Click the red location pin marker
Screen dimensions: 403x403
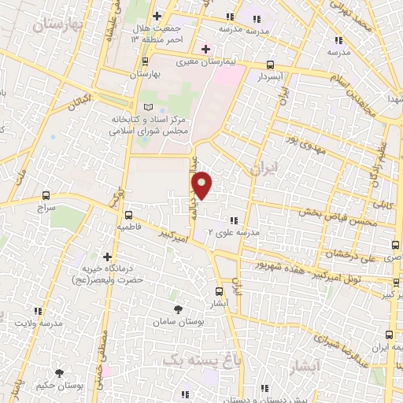[203, 185]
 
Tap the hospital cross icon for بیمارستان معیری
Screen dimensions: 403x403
[205, 49]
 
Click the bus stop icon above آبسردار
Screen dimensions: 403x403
[271, 65]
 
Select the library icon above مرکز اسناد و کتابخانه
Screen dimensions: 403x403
[150, 107]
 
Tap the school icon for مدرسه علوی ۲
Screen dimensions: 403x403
[234, 220]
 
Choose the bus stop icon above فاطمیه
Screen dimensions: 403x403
[129, 214]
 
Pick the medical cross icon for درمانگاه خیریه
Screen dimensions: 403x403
[107, 256]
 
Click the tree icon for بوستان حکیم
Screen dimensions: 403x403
[59, 372]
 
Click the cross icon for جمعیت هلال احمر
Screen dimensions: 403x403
[157, 16]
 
